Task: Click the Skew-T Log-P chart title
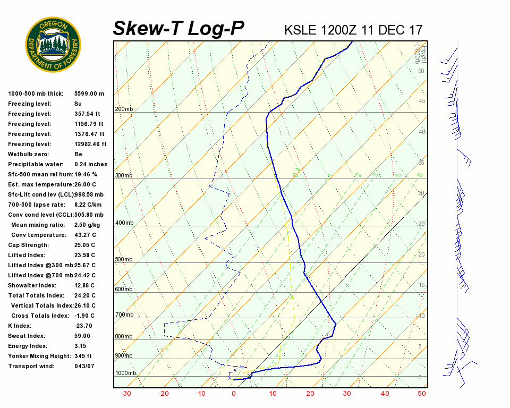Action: (179, 28)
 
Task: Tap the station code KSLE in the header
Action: (302, 30)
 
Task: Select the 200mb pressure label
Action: (124, 109)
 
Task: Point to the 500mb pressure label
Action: (124, 259)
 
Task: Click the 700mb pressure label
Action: (124, 315)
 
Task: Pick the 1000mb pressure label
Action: (125, 373)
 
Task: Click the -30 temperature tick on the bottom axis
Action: (126, 394)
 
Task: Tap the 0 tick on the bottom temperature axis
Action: (234, 394)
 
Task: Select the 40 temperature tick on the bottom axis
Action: (385, 394)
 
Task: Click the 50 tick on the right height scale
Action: (421, 71)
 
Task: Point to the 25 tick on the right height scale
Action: (421, 224)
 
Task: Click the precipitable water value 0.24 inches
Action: (91, 164)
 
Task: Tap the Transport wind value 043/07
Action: (84, 366)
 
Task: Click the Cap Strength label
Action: (28, 245)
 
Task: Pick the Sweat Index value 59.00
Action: (82, 336)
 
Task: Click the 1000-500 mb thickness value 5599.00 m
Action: (89, 93)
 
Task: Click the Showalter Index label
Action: (31, 285)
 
